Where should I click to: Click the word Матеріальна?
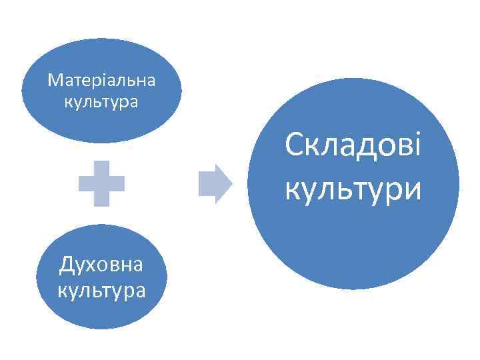pos(101,81)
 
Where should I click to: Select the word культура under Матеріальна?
pos(101,103)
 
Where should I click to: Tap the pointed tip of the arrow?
pos(230,183)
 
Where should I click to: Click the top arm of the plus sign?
pos(101,168)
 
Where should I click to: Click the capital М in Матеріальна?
pos(55,81)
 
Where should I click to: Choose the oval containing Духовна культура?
pos(101,313)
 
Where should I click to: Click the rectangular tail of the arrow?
pos(207,183)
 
